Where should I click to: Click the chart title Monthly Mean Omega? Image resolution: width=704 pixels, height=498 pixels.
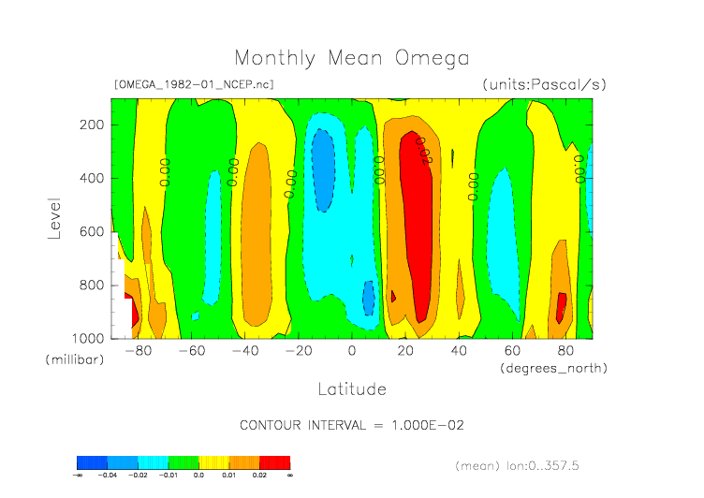[x=351, y=59]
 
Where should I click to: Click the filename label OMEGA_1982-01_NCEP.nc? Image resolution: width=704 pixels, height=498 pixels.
[x=194, y=84]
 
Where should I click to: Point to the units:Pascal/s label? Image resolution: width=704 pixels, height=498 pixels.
[x=544, y=84]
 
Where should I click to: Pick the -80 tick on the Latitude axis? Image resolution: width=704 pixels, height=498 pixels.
[x=138, y=351]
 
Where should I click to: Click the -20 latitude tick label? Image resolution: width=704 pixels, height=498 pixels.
[x=298, y=351]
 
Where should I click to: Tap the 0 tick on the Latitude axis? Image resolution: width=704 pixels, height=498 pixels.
[x=352, y=351]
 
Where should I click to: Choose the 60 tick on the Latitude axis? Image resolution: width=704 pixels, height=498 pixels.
[x=512, y=351]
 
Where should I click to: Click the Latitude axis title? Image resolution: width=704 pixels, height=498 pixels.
[x=351, y=388]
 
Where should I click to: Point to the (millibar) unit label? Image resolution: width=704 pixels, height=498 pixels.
[x=73, y=360]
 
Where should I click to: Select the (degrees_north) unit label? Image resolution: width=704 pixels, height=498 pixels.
[x=553, y=368]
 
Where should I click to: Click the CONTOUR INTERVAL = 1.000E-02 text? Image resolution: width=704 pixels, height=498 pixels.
[x=352, y=425]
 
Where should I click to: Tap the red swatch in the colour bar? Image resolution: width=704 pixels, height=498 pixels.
[x=275, y=461]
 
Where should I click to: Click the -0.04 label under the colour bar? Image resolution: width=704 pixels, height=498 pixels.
[x=109, y=476]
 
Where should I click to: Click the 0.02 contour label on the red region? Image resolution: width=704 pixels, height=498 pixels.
[x=422, y=150]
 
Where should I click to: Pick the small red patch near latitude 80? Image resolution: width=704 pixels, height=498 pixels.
[x=562, y=307]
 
